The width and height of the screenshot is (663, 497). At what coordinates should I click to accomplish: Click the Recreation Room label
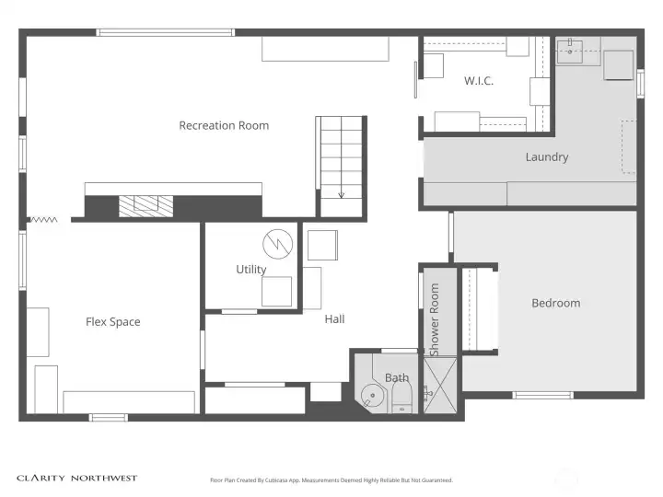pos(224,125)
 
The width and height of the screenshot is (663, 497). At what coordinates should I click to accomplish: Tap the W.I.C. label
pos(478,81)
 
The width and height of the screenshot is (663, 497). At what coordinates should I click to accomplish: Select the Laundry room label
pos(546,157)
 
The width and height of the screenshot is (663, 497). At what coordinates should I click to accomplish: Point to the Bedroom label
pos(555,303)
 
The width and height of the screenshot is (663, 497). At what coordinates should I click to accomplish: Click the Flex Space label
pos(112,322)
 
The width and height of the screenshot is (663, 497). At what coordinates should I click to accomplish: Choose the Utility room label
pos(250,270)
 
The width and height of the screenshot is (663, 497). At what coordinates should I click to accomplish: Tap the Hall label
pos(334,319)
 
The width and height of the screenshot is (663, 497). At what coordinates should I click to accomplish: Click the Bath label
pos(397,377)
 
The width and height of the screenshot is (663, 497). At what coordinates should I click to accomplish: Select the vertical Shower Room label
pos(435,318)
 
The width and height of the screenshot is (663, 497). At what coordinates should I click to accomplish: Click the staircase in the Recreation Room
pos(341,166)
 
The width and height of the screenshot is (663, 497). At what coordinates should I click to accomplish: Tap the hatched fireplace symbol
pos(145,205)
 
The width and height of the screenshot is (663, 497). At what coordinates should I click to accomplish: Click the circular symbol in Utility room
pos(276,244)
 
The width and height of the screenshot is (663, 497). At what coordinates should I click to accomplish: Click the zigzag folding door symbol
pos(42,220)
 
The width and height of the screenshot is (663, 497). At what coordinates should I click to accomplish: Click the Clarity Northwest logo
pos(77,478)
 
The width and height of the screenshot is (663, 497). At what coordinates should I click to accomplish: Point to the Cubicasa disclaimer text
pos(331,480)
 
